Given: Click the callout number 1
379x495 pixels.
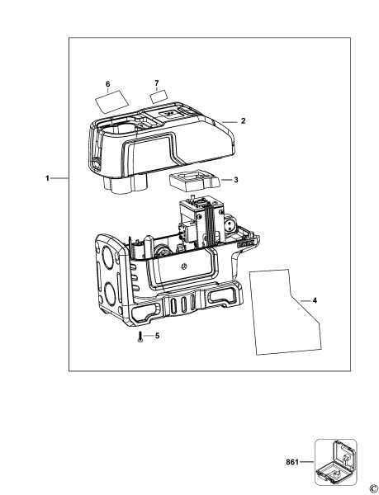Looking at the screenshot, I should [x=48, y=178].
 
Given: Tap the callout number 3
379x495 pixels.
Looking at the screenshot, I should [x=236, y=179].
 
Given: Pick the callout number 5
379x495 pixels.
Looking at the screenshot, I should [x=158, y=336].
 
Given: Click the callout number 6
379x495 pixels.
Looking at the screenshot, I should [x=107, y=84].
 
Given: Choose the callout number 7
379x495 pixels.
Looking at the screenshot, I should [x=156, y=83].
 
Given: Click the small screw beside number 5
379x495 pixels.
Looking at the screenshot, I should [x=140, y=338].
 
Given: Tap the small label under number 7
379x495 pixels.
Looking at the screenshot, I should [x=158, y=97].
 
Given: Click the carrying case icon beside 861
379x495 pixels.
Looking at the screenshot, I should [x=335, y=462].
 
